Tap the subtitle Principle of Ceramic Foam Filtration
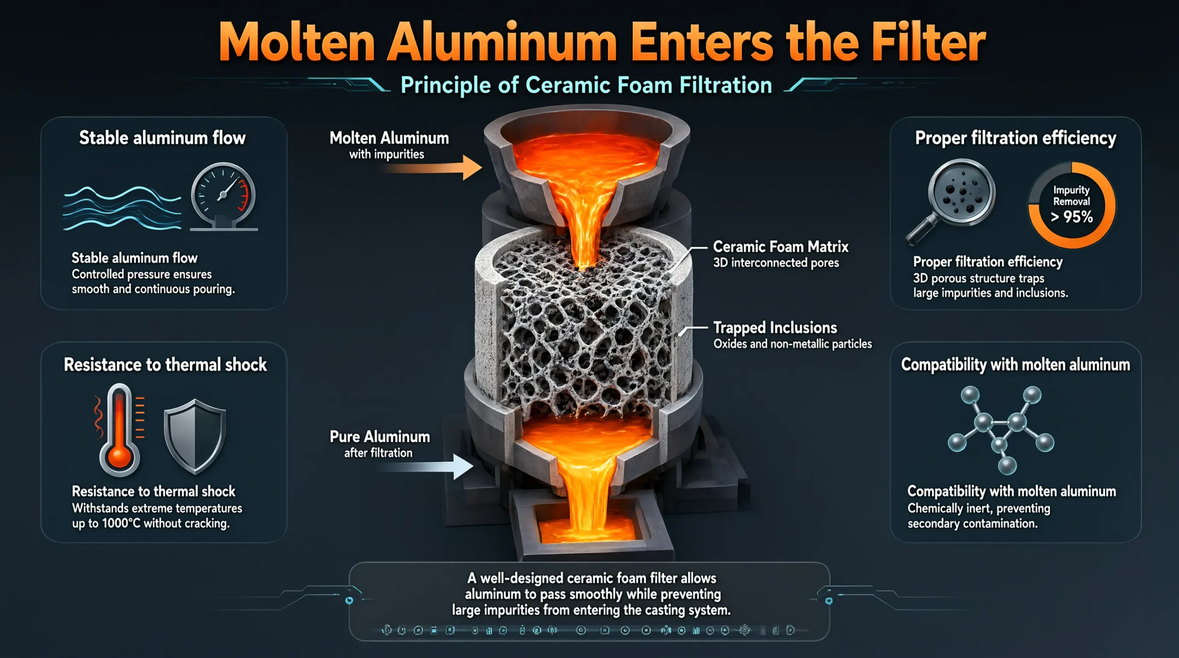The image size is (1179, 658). click(x=586, y=86)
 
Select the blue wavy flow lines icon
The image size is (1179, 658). click(x=122, y=208)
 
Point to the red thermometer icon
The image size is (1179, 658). click(x=120, y=429)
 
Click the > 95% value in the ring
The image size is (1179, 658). click(x=1072, y=216)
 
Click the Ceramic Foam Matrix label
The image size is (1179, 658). click(x=781, y=247)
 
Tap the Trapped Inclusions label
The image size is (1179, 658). click(x=775, y=328)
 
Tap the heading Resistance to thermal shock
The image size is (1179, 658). click(x=165, y=365)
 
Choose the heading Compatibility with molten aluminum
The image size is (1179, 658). click(x=1016, y=365)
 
